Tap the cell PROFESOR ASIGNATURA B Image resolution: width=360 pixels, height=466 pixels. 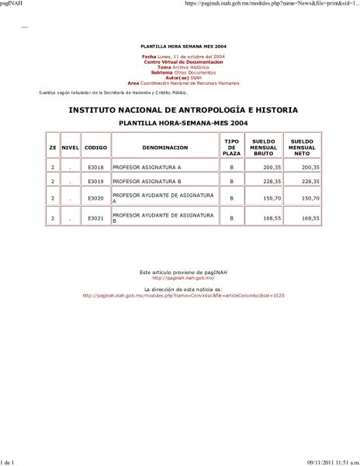pyautogui.click(x=147, y=182)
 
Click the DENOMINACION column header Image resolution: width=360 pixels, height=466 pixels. pyautogui.click(x=164, y=147)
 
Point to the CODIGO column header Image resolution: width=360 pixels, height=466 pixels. pyautogui.click(x=96, y=147)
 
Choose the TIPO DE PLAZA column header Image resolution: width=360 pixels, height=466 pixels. pyautogui.click(x=232, y=147)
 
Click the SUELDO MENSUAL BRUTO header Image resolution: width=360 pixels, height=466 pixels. pyautogui.click(x=265, y=147)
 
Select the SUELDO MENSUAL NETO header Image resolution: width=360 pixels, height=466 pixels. pyautogui.click(x=301, y=147)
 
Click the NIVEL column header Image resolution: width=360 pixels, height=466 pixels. pyautogui.click(x=71, y=147)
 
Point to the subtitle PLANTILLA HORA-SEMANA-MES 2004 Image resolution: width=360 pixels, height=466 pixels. pyautogui.click(x=183, y=123)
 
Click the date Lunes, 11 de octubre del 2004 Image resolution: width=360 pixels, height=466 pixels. pyautogui.click(x=191, y=57)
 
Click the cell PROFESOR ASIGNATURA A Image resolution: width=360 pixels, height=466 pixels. pyautogui.click(x=147, y=167)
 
